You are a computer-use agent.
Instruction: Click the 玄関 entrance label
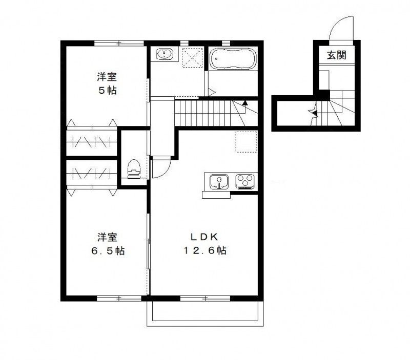click(338, 55)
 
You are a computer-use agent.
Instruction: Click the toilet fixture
click(134, 168)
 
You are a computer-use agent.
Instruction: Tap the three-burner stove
click(245, 181)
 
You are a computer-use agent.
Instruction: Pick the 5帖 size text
click(108, 91)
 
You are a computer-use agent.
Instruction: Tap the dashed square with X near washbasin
click(194, 57)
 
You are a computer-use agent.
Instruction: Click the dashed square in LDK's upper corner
click(245, 142)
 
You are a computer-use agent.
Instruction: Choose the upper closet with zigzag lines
click(92, 140)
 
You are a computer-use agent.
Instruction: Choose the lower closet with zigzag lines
click(92, 173)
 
